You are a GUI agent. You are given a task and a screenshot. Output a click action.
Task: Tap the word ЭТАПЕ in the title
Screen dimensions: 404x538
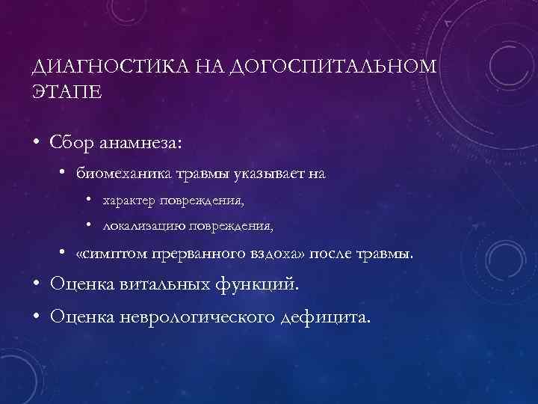[65, 94]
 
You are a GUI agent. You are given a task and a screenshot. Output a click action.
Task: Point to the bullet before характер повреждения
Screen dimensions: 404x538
[88, 201]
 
